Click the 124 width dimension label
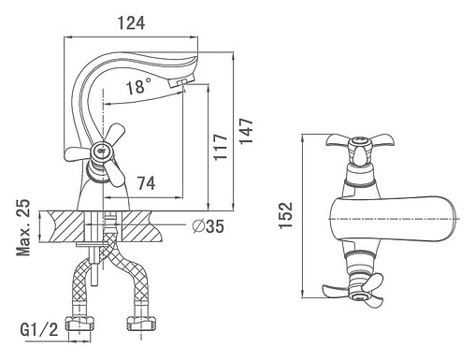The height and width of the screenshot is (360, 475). click(x=131, y=23)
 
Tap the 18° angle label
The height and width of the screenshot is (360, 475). click(x=138, y=86)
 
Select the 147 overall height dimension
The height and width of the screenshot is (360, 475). click(x=246, y=131)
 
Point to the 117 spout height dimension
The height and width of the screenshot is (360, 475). click(x=221, y=147)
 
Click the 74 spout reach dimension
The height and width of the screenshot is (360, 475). click(x=147, y=183)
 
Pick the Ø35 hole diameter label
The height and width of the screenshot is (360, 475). click(x=209, y=225)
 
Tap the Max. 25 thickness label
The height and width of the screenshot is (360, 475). click(x=23, y=227)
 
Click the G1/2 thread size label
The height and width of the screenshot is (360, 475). click(x=39, y=329)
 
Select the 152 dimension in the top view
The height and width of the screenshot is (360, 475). click(x=286, y=216)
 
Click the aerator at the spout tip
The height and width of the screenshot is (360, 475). click(x=181, y=81)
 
